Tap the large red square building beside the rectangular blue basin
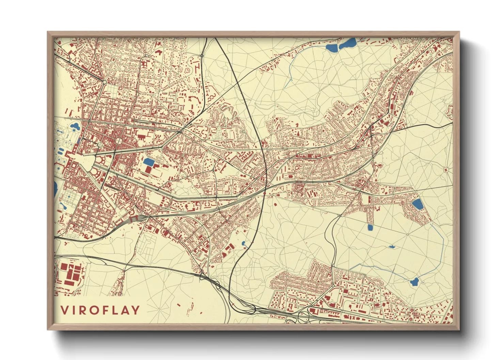[149, 169]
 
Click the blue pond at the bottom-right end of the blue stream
[414, 282]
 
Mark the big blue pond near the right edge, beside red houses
[418, 204]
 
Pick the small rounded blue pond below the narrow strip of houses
[371, 227]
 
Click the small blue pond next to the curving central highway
[243, 244]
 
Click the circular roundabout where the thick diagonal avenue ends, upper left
[105, 82]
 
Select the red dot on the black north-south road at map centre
[265, 193]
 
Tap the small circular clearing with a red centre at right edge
[446, 169]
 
